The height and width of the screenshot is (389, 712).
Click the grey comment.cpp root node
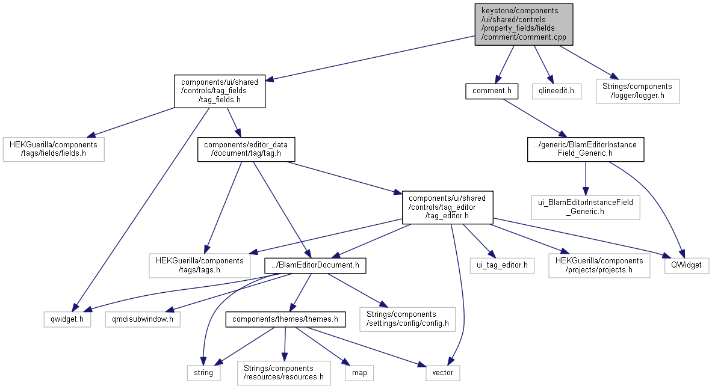523,24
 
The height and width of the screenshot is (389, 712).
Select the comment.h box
491,91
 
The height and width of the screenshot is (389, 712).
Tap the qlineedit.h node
556,91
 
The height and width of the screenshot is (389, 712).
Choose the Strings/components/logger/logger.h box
637,91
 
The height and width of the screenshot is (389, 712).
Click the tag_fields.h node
220,91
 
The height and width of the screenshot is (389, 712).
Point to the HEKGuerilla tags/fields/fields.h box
54,149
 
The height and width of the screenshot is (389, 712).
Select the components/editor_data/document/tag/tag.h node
246,149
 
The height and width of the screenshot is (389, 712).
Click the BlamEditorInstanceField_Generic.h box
585,149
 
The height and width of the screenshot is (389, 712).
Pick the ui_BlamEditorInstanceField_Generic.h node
586,206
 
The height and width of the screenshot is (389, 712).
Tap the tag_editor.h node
448,206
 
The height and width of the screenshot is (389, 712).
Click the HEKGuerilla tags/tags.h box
199,265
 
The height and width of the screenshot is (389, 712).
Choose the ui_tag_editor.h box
501,265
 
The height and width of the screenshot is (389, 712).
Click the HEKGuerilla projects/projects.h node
599,265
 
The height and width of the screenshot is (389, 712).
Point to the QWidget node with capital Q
686,265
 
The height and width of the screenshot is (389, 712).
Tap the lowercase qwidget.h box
67,319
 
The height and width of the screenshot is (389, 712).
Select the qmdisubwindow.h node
143,319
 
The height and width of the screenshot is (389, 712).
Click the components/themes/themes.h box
285,319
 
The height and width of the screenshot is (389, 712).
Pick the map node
359,373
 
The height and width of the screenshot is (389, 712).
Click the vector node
443,373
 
